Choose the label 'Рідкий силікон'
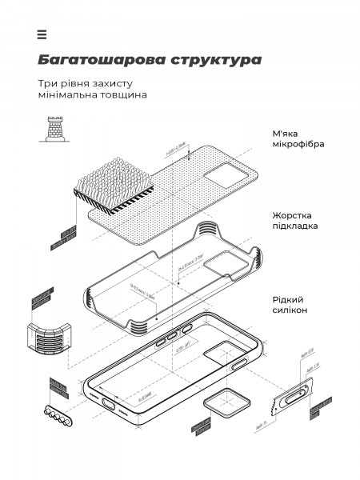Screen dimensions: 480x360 pyautogui.click(x=290, y=303)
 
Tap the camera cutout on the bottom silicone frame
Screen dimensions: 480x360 pyautogui.click(x=222, y=355)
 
